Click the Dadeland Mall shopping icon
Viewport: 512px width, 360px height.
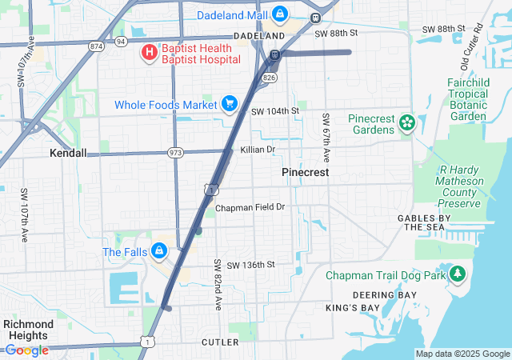point(279,14)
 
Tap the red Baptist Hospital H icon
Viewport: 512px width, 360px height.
point(149,53)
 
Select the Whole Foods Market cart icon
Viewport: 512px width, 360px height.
point(230,103)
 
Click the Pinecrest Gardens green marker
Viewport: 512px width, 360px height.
point(407,122)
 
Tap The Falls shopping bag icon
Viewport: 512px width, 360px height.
point(160,251)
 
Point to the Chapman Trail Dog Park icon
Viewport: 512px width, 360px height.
point(458,274)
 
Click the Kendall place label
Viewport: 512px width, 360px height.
point(68,153)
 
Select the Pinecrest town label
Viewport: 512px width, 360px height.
point(305,172)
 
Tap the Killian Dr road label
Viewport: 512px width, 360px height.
point(258,150)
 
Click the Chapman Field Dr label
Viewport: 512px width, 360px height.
point(250,207)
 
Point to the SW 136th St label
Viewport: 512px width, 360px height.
point(250,265)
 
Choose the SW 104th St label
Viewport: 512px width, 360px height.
point(274,111)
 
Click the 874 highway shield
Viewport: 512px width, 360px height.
point(97,46)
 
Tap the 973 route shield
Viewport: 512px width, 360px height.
point(176,152)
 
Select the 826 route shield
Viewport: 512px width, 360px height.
point(269,78)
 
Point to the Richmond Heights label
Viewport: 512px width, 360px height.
point(28,330)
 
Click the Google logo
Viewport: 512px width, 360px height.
point(26,350)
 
